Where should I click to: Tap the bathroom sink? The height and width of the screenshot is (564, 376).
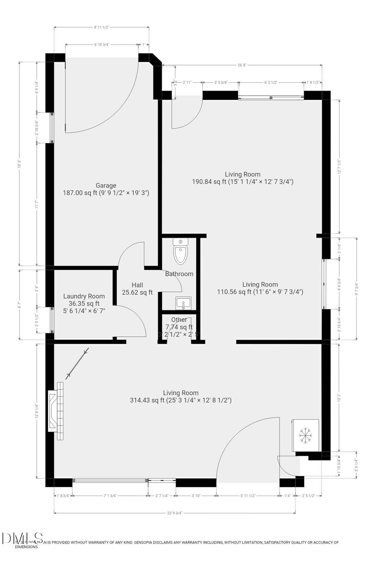click(x=183, y=303)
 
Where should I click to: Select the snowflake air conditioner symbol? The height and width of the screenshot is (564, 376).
click(x=306, y=435)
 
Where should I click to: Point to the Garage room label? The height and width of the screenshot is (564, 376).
click(x=106, y=185)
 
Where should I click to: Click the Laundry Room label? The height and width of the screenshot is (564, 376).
click(x=84, y=296)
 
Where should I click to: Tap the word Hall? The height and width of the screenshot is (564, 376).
click(x=137, y=285)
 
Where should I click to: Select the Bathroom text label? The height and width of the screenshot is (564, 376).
click(x=179, y=274)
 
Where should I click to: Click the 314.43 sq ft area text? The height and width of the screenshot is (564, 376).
click(x=180, y=400)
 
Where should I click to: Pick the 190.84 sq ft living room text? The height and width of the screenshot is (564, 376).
click(x=242, y=182)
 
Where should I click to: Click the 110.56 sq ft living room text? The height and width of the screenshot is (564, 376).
click(x=260, y=292)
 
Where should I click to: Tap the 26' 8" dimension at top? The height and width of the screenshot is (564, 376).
click(x=242, y=65)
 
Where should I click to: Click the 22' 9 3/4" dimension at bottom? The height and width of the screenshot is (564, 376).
click(x=174, y=513)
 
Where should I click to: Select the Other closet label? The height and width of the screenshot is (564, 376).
click(x=179, y=320)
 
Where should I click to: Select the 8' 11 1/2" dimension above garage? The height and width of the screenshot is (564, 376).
click(x=102, y=27)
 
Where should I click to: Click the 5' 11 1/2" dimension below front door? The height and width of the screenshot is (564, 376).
click(x=248, y=496)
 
